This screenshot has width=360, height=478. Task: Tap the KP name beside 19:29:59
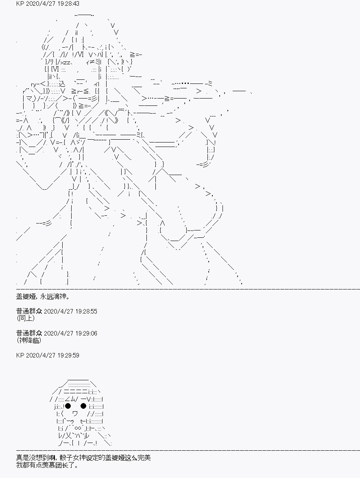(x=20, y=355)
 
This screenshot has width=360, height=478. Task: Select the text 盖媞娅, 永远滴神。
(x=41, y=296)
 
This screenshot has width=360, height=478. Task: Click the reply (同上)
(x=26, y=318)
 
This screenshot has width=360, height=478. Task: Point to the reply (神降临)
(x=28, y=340)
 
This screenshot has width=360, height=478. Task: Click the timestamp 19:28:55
(x=86, y=311)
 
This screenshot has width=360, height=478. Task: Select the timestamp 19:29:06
(x=86, y=333)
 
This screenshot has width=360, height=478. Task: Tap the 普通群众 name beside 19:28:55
(x=29, y=311)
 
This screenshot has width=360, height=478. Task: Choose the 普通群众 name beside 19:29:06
(x=29, y=333)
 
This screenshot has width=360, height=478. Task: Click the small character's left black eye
(x=68, y=406)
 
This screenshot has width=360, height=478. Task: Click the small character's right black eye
(x=83, y=406)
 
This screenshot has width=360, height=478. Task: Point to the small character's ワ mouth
(x=75, y=414)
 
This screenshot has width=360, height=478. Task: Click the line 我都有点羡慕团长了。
(x=47, y=465)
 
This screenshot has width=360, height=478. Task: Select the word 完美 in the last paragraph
(x=144, y=458)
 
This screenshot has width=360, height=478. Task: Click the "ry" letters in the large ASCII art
(x=34, y=84)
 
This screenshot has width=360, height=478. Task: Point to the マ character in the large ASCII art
(x=29, y=98)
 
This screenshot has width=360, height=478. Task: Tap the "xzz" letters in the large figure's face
(x=66, y=62)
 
